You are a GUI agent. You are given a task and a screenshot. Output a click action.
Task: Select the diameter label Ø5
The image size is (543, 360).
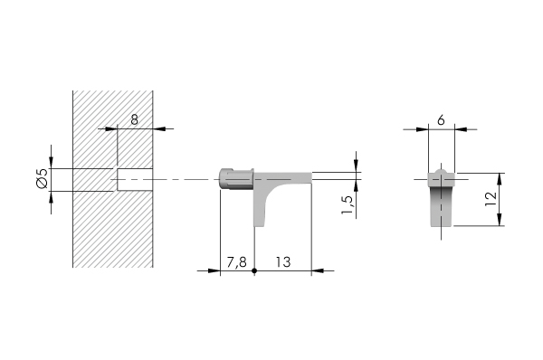[41, 180]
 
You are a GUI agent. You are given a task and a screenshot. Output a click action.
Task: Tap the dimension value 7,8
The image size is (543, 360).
[236, 262]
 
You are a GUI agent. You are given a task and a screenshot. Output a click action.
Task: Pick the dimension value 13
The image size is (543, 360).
[282, 262]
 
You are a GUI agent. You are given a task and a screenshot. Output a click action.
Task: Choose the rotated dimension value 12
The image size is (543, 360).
[489, 201]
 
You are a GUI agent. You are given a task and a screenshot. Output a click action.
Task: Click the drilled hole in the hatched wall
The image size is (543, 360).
[132, 180]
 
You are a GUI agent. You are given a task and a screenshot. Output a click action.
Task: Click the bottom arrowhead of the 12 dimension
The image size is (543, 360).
[500, 226]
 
